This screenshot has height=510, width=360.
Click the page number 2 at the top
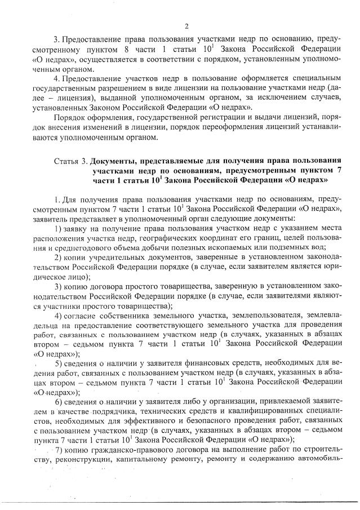(186, 26)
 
